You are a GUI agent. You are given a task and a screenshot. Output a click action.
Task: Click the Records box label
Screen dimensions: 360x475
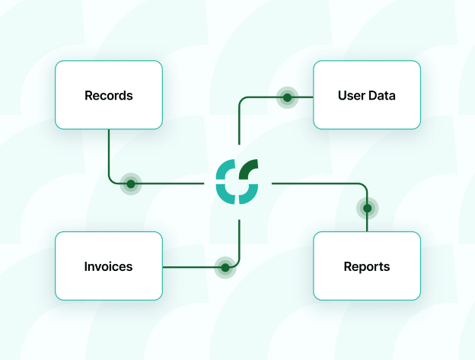pos(109,96)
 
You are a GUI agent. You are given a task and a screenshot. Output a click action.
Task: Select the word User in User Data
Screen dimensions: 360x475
pos(352,96)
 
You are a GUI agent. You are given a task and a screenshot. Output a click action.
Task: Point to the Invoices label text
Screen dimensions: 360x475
pos(108,266)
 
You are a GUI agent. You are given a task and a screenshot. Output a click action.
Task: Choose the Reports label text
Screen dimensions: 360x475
pos(366,266)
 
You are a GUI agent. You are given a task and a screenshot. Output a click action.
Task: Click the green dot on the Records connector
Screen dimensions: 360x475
pos(131,183)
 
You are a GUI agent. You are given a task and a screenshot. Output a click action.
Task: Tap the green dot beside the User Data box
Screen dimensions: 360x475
pos(287,97)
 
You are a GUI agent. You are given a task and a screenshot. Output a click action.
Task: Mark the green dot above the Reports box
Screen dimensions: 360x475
pos(367,208)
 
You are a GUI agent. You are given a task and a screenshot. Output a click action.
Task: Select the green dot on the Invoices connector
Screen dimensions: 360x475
pos(225,266)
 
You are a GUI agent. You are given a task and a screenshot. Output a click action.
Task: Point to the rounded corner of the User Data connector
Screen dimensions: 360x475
pos(243,100)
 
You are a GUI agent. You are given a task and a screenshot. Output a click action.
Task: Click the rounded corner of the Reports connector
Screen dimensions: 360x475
pos(364,186)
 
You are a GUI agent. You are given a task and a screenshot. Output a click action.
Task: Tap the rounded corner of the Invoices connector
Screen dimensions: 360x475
pos(237,263)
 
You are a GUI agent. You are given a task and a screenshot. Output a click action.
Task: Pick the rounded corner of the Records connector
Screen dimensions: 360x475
pos(112,180)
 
